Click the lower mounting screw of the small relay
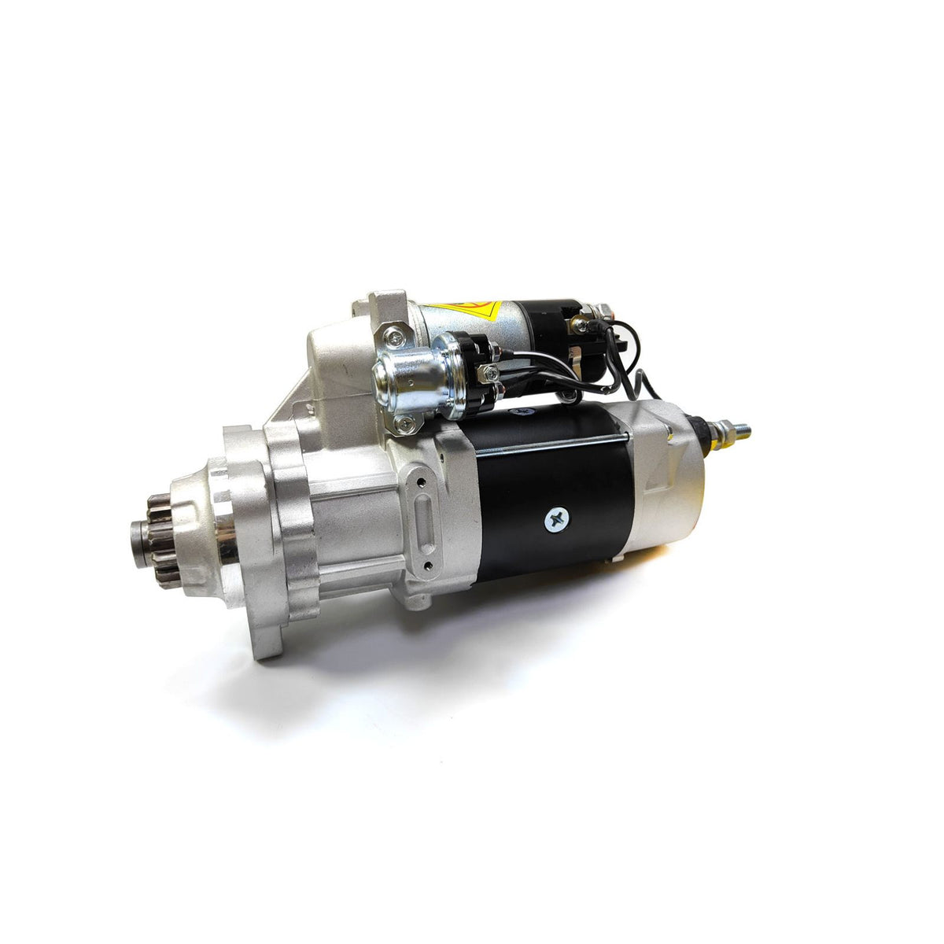click(404, 426)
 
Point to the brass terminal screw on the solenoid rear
click(582, 322)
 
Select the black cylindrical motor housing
click(551, 496)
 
